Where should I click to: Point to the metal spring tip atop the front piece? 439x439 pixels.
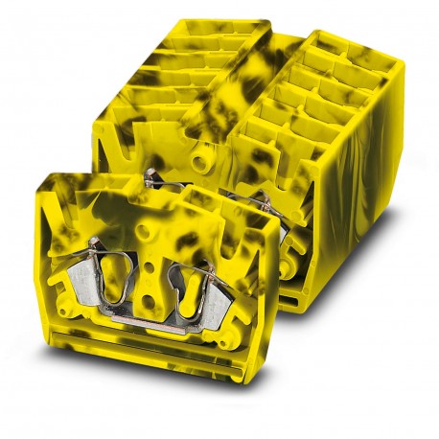150,175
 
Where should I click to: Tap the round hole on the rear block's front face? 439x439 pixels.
200,152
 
